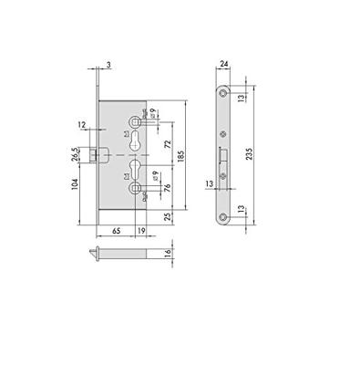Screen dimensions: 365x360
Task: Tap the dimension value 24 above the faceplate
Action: [224, 65]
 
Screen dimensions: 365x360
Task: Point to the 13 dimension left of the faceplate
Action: [209, 182]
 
